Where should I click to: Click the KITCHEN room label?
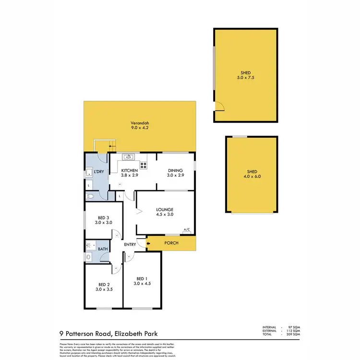click(x=129, y=170)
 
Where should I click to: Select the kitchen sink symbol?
click(x=129, y=156)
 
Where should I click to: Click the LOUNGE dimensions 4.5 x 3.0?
click(x=165, y=215)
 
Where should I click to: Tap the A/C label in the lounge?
click(x=187, y=230)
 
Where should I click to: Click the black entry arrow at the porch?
click(x=148, y=243)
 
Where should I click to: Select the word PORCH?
click(x=171, y=243)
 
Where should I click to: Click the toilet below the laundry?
click(x=91, y=197)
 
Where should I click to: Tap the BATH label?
click(x=103, y=249)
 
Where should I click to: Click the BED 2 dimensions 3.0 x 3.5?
click(x=104, y=289)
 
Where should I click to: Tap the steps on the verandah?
click(x=105, y=145)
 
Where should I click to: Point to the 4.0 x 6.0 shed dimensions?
click(x=252, y=177)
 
